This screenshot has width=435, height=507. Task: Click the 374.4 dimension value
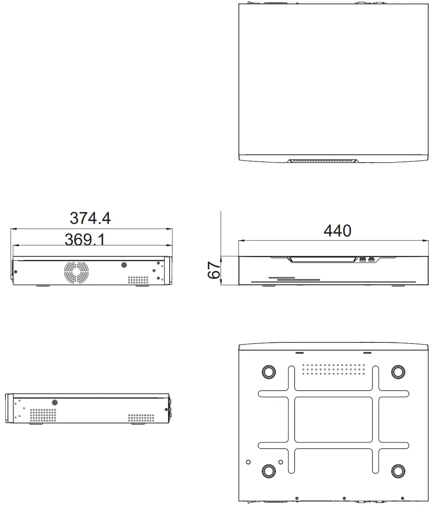click(x=90, y=218)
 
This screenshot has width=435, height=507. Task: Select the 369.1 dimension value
click(x=85, y=239)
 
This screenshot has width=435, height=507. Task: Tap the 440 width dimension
click(x=337, y=230)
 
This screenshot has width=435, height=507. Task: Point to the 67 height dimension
click(x=214, y=269)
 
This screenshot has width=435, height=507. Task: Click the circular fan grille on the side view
click(x=76, y=271)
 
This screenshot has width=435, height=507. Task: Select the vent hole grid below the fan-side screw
click(x=138, y=280)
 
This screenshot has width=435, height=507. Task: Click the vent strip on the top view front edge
click(x=323, y=161)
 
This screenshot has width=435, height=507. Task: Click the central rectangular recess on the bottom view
click(x=333, y=419)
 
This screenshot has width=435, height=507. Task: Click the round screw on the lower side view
click(x=55, y=403)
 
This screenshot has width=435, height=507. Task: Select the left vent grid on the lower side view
click(x=43, y=415)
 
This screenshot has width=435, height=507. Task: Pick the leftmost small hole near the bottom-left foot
click(x=248, y=462)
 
